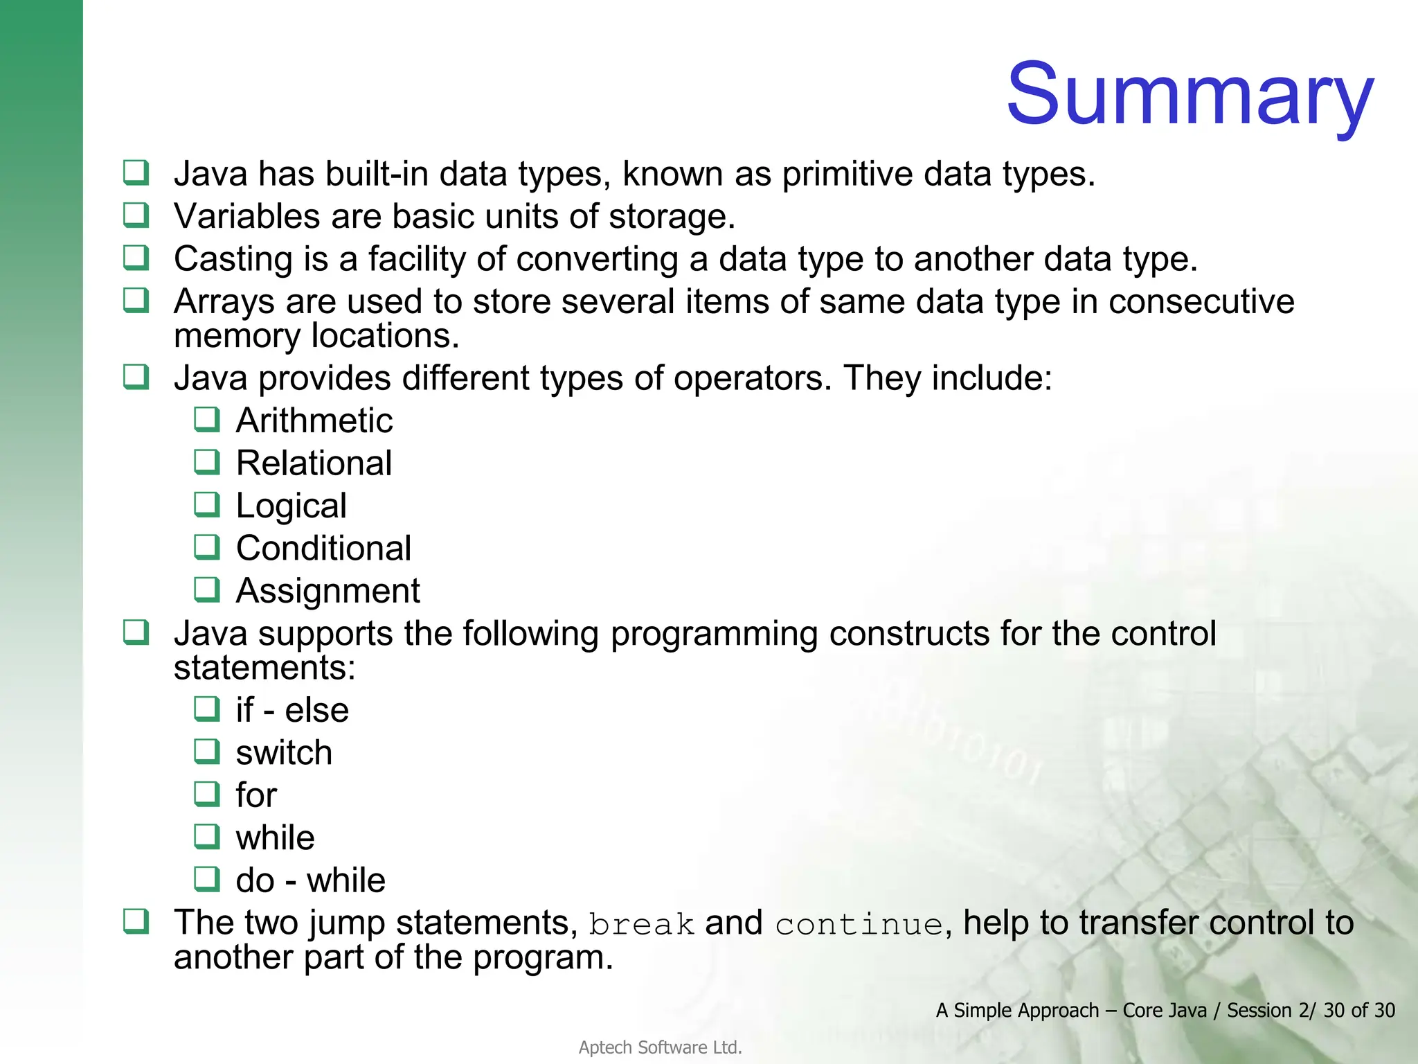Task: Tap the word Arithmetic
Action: pos(314,420)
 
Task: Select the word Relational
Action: pos(314,463)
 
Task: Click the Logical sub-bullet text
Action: pos(291,506)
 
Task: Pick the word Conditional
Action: pos(323,549)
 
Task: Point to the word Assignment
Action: pos(327,592)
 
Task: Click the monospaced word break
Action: pos(641,925)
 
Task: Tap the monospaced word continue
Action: pos(859,925)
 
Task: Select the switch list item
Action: pos(284,753)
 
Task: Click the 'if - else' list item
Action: pos(291,711)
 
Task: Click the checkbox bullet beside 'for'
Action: pos(206,794)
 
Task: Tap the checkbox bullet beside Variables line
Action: pos(136,215)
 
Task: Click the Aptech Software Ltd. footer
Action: pos(660,1047)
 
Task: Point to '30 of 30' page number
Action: pos(1358,1011)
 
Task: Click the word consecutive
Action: pos(1201,302)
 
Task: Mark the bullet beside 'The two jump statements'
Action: pos(136,921)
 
